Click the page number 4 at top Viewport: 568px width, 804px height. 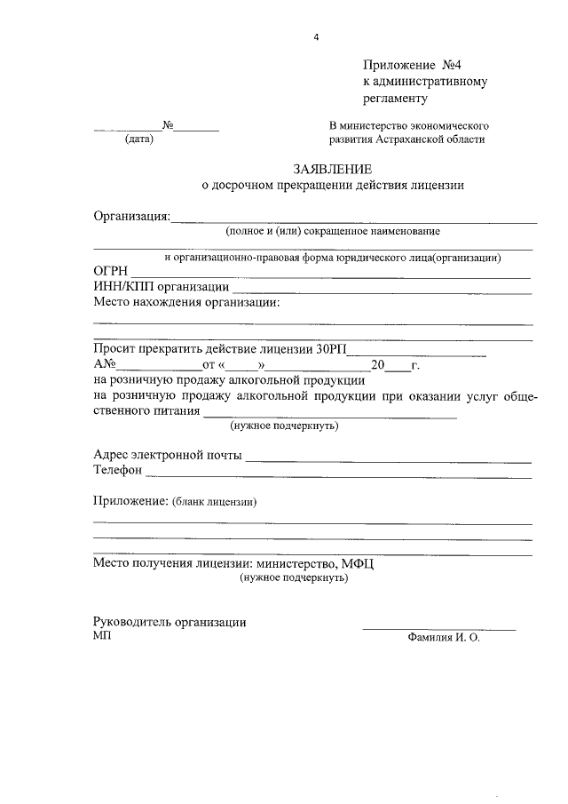[x=315, y=36]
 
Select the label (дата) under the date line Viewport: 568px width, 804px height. [x=139, y=139]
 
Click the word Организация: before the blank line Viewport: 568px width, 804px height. [x=131, y=216]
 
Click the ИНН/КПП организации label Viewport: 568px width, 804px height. [x=161, y=287]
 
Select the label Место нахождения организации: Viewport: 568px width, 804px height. [x=185, y=302]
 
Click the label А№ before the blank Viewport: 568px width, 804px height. [x=105, y=364]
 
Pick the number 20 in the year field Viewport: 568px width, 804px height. [x=377, y=364]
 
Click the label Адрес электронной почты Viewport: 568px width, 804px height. [x=167, y=456]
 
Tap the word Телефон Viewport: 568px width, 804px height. [x=118, y=471]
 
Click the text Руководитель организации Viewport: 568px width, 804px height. [x=170, y=623]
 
